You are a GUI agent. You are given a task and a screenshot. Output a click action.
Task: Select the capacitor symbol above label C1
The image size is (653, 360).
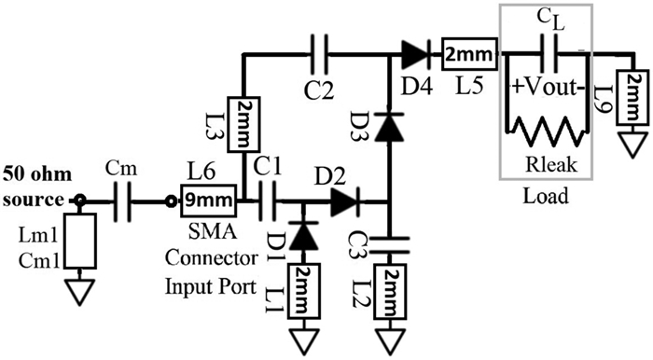coord(266,199)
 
